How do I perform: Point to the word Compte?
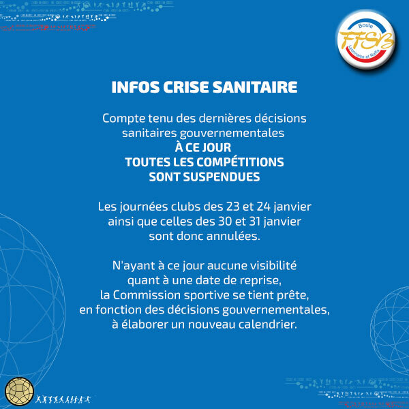(125, 118)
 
